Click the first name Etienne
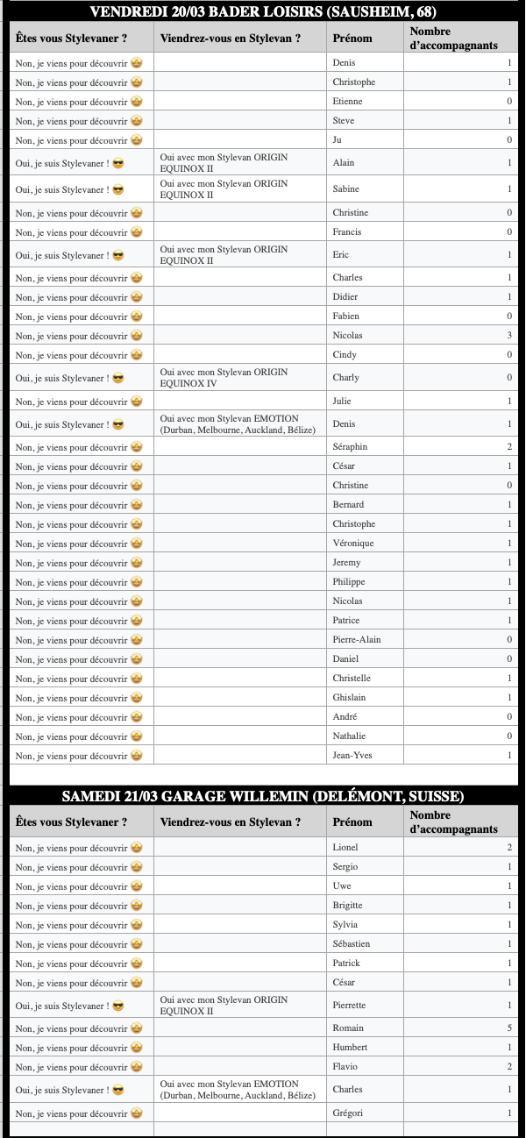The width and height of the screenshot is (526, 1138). (x=347, y=102)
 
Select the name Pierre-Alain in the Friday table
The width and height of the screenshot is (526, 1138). (x=357, y=640)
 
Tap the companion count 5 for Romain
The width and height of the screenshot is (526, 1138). (x=509, y=1028)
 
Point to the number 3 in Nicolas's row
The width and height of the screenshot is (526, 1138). (x=509, y=336)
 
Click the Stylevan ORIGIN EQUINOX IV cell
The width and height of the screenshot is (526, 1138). (x=223, y=378)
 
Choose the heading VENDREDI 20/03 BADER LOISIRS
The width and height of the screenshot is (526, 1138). (x=263, y=12)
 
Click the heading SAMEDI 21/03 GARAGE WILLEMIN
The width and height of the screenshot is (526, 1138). (x=263, y=797)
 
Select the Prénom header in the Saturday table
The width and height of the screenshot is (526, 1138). (x=352, y=822)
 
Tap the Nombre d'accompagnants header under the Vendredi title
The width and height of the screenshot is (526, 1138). (x=454, y=38)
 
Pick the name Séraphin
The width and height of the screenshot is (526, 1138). (x=351, y=447)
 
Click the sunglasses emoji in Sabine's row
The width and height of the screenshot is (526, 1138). (x=118, y=189)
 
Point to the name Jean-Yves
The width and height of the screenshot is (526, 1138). (x=354, y=756)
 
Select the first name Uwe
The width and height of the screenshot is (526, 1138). (x=343, y=886)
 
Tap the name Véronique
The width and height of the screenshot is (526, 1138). (x=353, y=544)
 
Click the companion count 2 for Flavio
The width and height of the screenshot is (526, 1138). (x=509, y=1067)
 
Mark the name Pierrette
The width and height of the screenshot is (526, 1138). (x=350, y=1006)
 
